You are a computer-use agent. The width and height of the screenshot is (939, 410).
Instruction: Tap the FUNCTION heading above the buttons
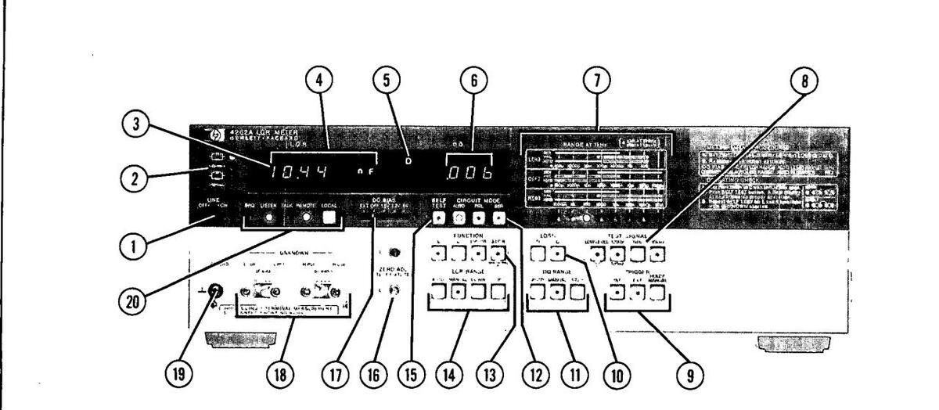[x=467, y=236]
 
